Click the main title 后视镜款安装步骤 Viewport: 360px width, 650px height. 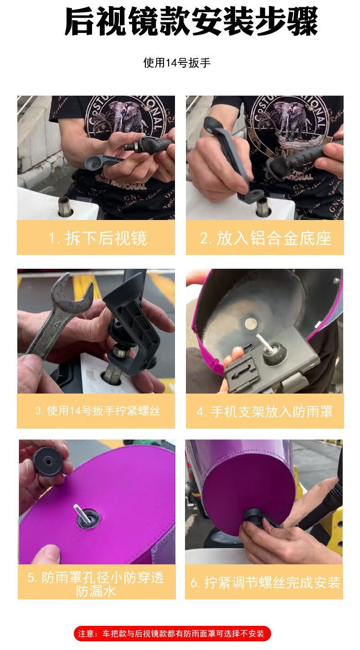[x=191, y=22]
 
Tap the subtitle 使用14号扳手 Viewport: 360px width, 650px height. [x=177, y=63]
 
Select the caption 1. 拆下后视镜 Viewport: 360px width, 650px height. [x=98, y=238]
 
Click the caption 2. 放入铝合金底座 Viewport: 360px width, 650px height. [x=265, y=238]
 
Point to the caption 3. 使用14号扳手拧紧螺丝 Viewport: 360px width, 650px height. [x=98, y=410]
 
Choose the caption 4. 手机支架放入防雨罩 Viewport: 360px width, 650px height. [x=264, y=412]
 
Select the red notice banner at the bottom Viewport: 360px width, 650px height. [x=172, y=634]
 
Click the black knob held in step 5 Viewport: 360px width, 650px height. [x=47, y=461]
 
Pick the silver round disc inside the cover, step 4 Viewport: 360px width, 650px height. [x=250, y=323]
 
